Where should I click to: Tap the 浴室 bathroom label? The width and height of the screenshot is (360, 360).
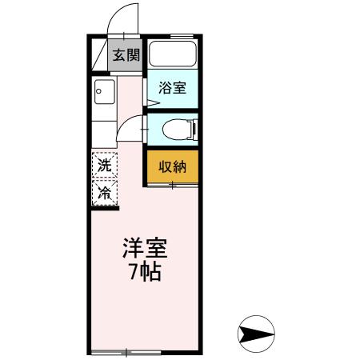pyautogui.click(x=172, y=87)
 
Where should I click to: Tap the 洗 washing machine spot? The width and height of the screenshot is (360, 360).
pyautogui.click(x=105, y=166)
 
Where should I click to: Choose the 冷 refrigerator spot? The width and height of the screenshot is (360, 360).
pyautogui.click(x=105, y=192)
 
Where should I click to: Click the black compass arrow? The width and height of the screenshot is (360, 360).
pyautogui.click(x=257, y=330)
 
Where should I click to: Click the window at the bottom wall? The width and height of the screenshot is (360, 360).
pyautogui.click(x=126, y=352)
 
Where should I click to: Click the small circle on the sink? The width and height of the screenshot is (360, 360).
pyautogui.click(x=98, y=90)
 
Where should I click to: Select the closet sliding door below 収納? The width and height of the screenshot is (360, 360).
pyautogui.click(x=172, y=186)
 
